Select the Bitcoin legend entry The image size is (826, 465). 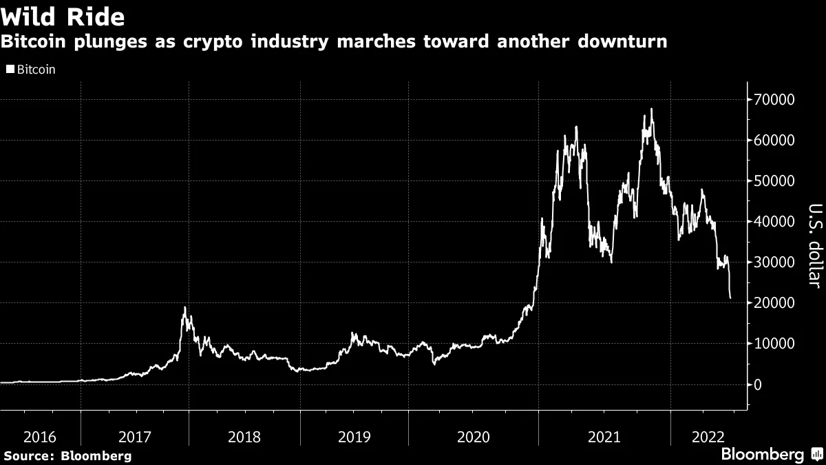point(31,70)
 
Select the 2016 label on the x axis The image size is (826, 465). point(39,436)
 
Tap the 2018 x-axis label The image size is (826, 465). point(245,436)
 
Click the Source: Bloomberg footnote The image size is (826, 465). point(67,455)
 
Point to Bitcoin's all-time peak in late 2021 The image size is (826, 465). point(651,109)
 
